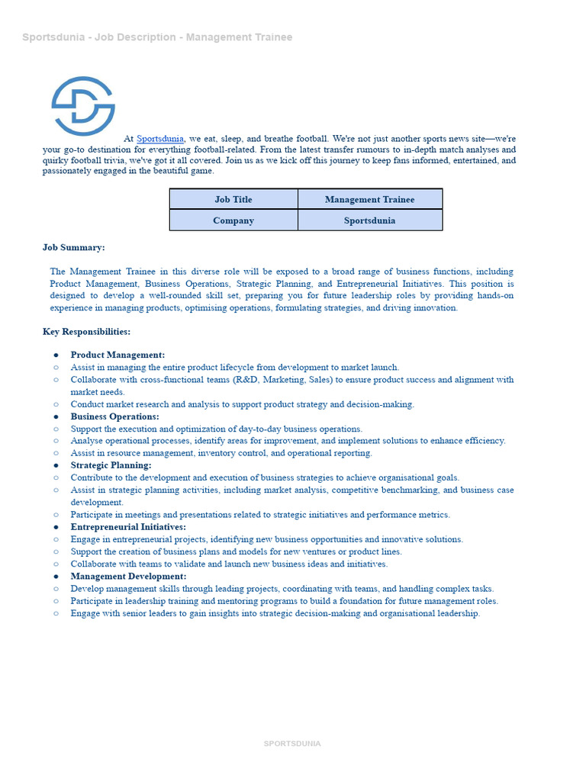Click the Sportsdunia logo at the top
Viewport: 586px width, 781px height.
[83, 106]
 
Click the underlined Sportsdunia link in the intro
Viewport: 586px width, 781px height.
[160, 139]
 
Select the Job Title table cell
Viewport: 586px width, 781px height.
[233, 199]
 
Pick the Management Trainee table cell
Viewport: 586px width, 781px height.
[369, 199]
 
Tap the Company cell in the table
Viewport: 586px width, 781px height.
[233, 220]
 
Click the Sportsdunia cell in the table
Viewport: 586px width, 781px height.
[369, 220]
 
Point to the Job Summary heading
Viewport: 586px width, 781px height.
[74, 247]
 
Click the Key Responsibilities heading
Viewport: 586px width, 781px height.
[86, 332]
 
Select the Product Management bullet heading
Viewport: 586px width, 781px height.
[118, 355]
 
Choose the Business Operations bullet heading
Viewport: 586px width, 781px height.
[114, 416]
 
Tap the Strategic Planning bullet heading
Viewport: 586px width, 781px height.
[111, 465]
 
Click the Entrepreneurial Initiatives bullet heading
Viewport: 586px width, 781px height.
[128, 527]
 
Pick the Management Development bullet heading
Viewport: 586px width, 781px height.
[128, 577]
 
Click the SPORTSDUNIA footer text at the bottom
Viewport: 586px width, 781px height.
[292, 744]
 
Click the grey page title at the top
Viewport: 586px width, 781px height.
[157, 37]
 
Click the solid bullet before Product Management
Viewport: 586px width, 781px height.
[56, 355]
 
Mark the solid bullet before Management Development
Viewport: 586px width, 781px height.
[56, 577]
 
